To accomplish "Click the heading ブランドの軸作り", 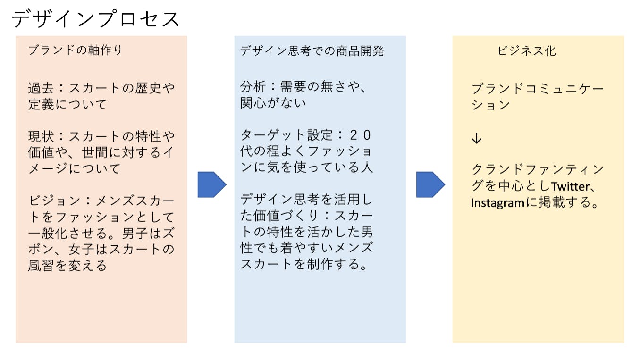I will pos(75,50).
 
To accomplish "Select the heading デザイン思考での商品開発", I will pos(312,51).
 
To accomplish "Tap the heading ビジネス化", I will pos(527,51).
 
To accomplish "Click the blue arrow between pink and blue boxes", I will pos(211,184).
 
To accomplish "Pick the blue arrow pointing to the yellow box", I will pos(430,184).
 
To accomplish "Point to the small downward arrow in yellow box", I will pos(477,138).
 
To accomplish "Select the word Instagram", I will pos(497,203).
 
